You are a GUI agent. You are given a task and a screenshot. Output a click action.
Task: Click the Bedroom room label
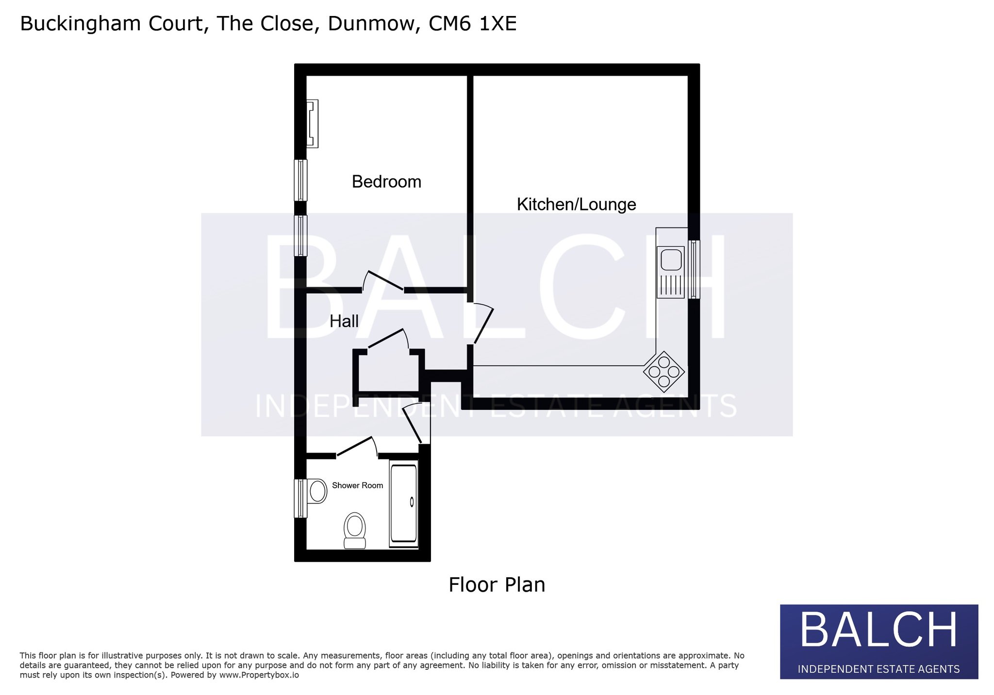386,182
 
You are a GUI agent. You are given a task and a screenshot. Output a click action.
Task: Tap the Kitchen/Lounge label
576,204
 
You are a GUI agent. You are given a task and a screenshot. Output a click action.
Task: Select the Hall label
344,321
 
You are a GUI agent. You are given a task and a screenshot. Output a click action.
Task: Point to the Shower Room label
357,485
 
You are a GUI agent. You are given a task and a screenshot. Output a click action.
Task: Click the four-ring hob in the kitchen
664,372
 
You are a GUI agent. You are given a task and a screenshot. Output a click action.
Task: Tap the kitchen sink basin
671,259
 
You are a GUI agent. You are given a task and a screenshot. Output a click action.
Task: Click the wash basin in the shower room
317,491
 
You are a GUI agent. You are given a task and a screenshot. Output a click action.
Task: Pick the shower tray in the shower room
404,504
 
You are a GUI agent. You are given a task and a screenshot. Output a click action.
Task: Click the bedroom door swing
383,280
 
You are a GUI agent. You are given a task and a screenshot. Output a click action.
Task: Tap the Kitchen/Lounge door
482,323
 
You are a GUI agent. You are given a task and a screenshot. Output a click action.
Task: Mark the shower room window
300,498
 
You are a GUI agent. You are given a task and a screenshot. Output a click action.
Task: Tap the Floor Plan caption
497,585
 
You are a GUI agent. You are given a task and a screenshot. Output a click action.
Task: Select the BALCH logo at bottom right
879,641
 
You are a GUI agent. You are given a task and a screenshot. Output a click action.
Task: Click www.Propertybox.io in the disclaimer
259,675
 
